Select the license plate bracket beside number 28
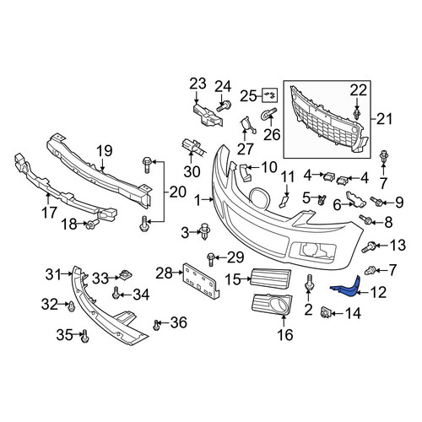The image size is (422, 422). (x=201, y=281)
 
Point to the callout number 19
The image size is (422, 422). (x=105, y=151)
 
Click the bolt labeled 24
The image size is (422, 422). (x=224, y=106)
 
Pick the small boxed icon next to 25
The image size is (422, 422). (x=270, y=95)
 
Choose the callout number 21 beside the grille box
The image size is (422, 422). (x=384, y=119)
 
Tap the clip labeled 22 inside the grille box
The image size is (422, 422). (x=357, y=115)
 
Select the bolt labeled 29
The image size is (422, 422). (x=211, y=259)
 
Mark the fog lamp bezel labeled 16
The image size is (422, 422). (x=272, y=305)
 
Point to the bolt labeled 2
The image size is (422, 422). (x=310, y=283)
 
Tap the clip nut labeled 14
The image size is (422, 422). (x=326, y=312)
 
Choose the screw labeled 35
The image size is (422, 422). (x=84, y=337)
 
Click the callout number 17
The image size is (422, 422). (x=49, y=213)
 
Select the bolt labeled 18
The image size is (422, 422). (x=93, y=224)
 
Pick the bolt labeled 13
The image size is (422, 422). (x=369, y=246)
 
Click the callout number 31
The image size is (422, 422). (x=53, y=274)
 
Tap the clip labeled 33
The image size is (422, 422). (x=126, y=275)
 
